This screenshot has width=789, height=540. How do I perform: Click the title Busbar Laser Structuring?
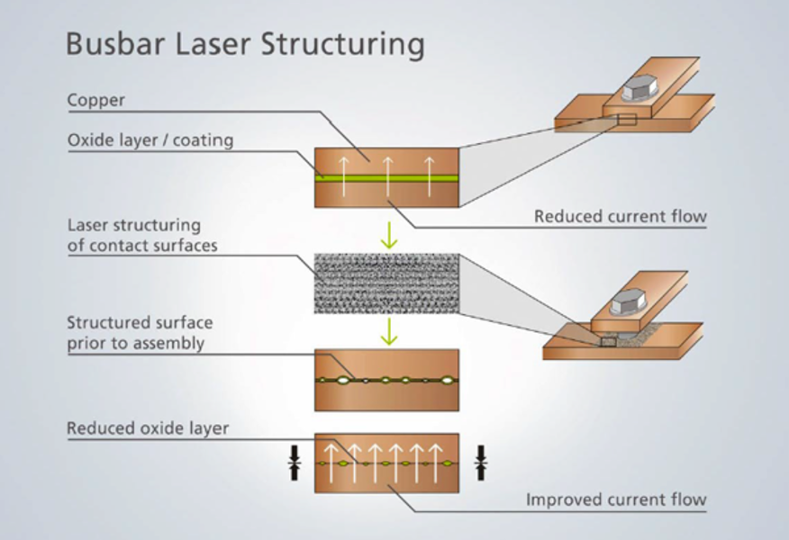click(245, 44)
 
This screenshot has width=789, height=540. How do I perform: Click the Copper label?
click(96, 100)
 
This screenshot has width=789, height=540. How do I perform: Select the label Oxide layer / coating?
click(150, 140)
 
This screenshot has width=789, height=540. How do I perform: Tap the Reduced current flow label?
click(620, 217)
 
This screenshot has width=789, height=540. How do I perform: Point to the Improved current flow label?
click(616, 499)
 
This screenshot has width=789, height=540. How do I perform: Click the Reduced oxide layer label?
click(148, 428)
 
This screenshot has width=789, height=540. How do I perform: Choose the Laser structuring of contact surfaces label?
click(142, 235)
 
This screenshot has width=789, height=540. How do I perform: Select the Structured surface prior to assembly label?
click(140, 333)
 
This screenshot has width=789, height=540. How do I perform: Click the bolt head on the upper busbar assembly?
click(639, 89)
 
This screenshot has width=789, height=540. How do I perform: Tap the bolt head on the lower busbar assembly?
click(628, 302)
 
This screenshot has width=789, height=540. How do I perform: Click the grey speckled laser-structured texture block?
click(386, 283)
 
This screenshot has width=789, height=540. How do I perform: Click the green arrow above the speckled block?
click(389, 235)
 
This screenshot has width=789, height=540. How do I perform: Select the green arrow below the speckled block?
click(389, 331)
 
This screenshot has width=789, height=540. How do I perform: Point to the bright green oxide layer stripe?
click(386, 178)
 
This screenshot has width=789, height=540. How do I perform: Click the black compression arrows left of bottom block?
click(295, 463)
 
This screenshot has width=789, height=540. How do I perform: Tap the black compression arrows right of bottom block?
click(481, 463)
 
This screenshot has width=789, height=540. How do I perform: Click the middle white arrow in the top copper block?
click(387, 176)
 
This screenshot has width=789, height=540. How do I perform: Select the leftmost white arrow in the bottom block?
click(330, 463)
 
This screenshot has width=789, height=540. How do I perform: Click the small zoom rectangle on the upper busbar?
click(627, 120)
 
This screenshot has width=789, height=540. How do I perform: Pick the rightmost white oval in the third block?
click(447, 381)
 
